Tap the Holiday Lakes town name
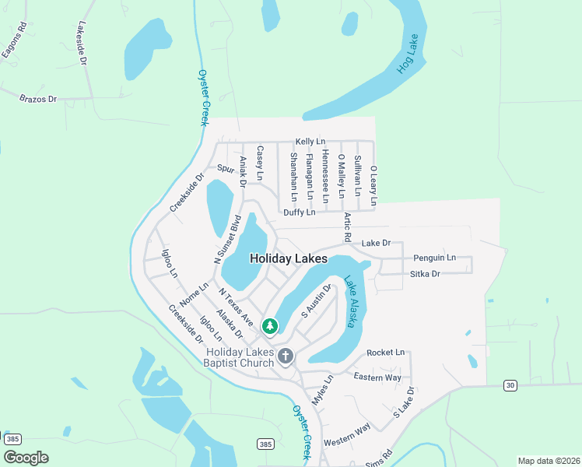tap(288, 259)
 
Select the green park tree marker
tap(271, 326)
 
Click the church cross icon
tap(286, 356)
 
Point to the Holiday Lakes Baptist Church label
tap(240, 357)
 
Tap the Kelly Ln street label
tap(310, 142)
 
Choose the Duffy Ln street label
tap(299, 212)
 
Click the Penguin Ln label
tap(434, 258)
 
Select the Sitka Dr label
tap(425, 274)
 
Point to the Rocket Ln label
tap(386, 353)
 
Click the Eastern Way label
tap(377, 377)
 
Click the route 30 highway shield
tap(510, 385)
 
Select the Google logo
tap(26, 458)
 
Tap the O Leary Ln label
tap(373, 185)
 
